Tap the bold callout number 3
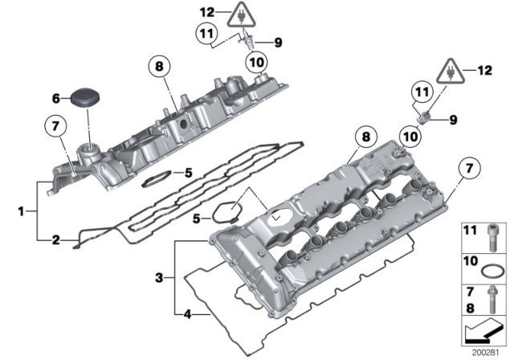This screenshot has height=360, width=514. coord(159,277)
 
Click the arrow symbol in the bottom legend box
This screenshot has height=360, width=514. coord(486,330)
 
